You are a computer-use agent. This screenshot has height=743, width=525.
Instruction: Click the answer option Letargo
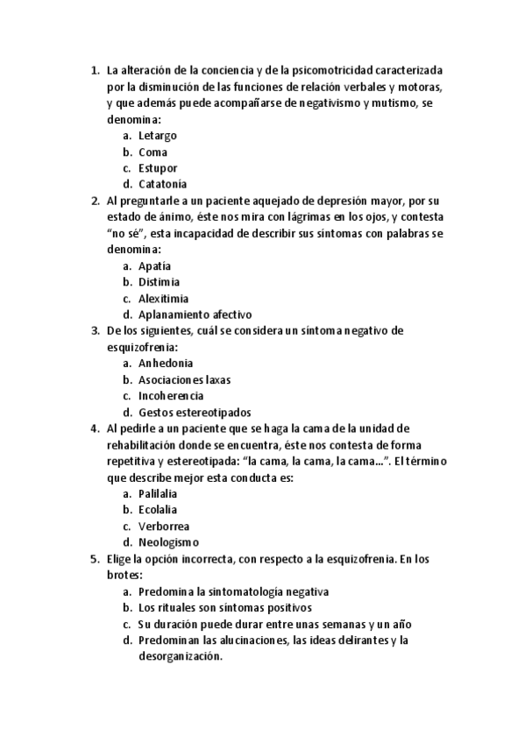[x=157, y=136]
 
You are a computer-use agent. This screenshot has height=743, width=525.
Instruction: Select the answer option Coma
[x=153, y=152]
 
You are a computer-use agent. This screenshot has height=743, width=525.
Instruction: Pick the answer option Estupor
[x=158, y=168]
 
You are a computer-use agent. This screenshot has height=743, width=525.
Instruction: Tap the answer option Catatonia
[x=162, y=184]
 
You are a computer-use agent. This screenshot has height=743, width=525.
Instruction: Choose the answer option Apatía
[x=154, y=265]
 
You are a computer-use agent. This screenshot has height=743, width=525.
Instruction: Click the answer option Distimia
[x=159, y=282]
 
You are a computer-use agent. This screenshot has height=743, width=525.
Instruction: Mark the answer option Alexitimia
[x=163, y=298]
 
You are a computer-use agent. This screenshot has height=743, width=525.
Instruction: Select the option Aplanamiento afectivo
[x=195, y=315]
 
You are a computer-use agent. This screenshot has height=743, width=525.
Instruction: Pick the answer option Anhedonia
[x=166, y=363]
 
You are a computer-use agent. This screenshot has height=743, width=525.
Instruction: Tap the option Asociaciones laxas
[x=184, y=379]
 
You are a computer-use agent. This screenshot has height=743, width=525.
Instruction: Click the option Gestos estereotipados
[x=195, y=412]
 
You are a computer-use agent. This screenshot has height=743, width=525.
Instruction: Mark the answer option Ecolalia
[x=158, y=509]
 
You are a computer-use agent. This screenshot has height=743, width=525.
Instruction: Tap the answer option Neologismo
[x=168, y=542]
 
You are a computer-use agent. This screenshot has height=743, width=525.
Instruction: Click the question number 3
[x=95, y=330]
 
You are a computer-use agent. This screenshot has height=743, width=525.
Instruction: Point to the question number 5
[x=95, y=558]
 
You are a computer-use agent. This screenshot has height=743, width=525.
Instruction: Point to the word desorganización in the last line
[x=176, y=656]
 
